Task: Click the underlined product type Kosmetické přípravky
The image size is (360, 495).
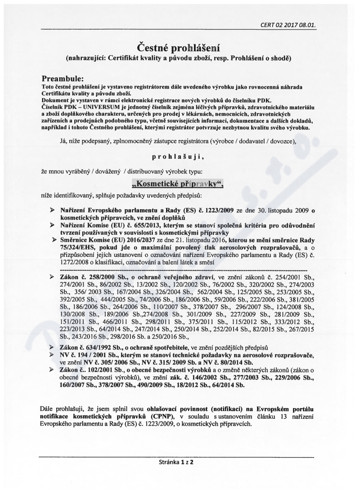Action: pyautogui.click(x=180, y=184)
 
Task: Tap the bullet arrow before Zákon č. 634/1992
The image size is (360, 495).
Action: pyautogui.click(x=52, y=348)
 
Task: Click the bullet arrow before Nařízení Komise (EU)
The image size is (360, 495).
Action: pyautogui.click(x=52, y=225)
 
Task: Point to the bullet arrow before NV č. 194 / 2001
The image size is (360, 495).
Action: pyautogui.click(x=52, y=355)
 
